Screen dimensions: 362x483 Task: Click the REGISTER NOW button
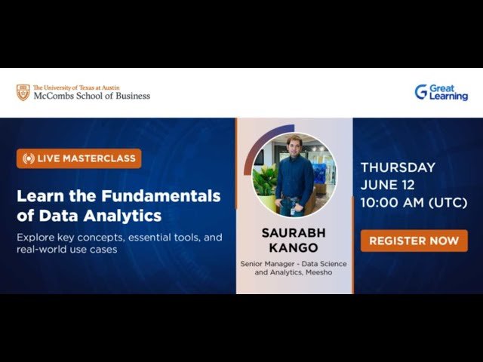[414, 241]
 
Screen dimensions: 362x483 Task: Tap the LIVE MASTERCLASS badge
[79, 158]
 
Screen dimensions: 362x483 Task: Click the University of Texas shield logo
[23, 92]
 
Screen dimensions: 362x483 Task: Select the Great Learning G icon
[421, 92]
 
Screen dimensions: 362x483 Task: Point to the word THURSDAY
[398, 167]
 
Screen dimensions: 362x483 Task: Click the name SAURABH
[294, 233]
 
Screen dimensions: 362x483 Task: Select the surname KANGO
[294, 247]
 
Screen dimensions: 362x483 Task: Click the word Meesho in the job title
[318, 272]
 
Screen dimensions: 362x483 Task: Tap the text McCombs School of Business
[91, 96]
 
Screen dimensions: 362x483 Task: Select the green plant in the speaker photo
[266, 179]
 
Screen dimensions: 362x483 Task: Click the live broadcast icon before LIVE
[29, 158]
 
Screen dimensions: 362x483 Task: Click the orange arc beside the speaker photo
[249, 162]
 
